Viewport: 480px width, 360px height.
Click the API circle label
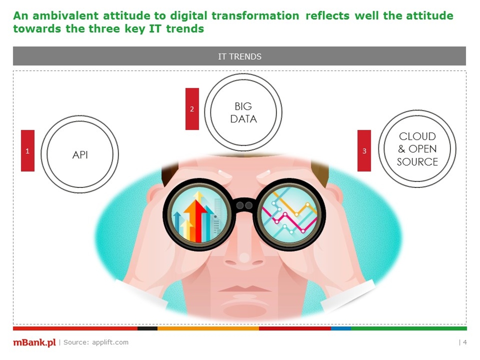click(80, 155)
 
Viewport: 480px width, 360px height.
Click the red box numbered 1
click(28, 150)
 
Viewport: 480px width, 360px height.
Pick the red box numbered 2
click(192, 109)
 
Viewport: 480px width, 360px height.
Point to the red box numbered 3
click(364, 150)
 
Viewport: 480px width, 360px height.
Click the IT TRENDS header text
click(240, 57)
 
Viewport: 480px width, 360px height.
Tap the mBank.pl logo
click(34, 342)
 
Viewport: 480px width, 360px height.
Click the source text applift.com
click(110, 342)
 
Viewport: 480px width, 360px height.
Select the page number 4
click(465, 342)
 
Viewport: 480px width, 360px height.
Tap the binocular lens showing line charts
click(289, 215)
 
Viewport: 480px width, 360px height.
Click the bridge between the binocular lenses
click(244, 205)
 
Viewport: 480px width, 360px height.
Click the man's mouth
click(244, 289)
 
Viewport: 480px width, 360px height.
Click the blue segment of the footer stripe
click(341, 329)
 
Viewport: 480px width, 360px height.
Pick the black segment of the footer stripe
click(148, 329)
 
